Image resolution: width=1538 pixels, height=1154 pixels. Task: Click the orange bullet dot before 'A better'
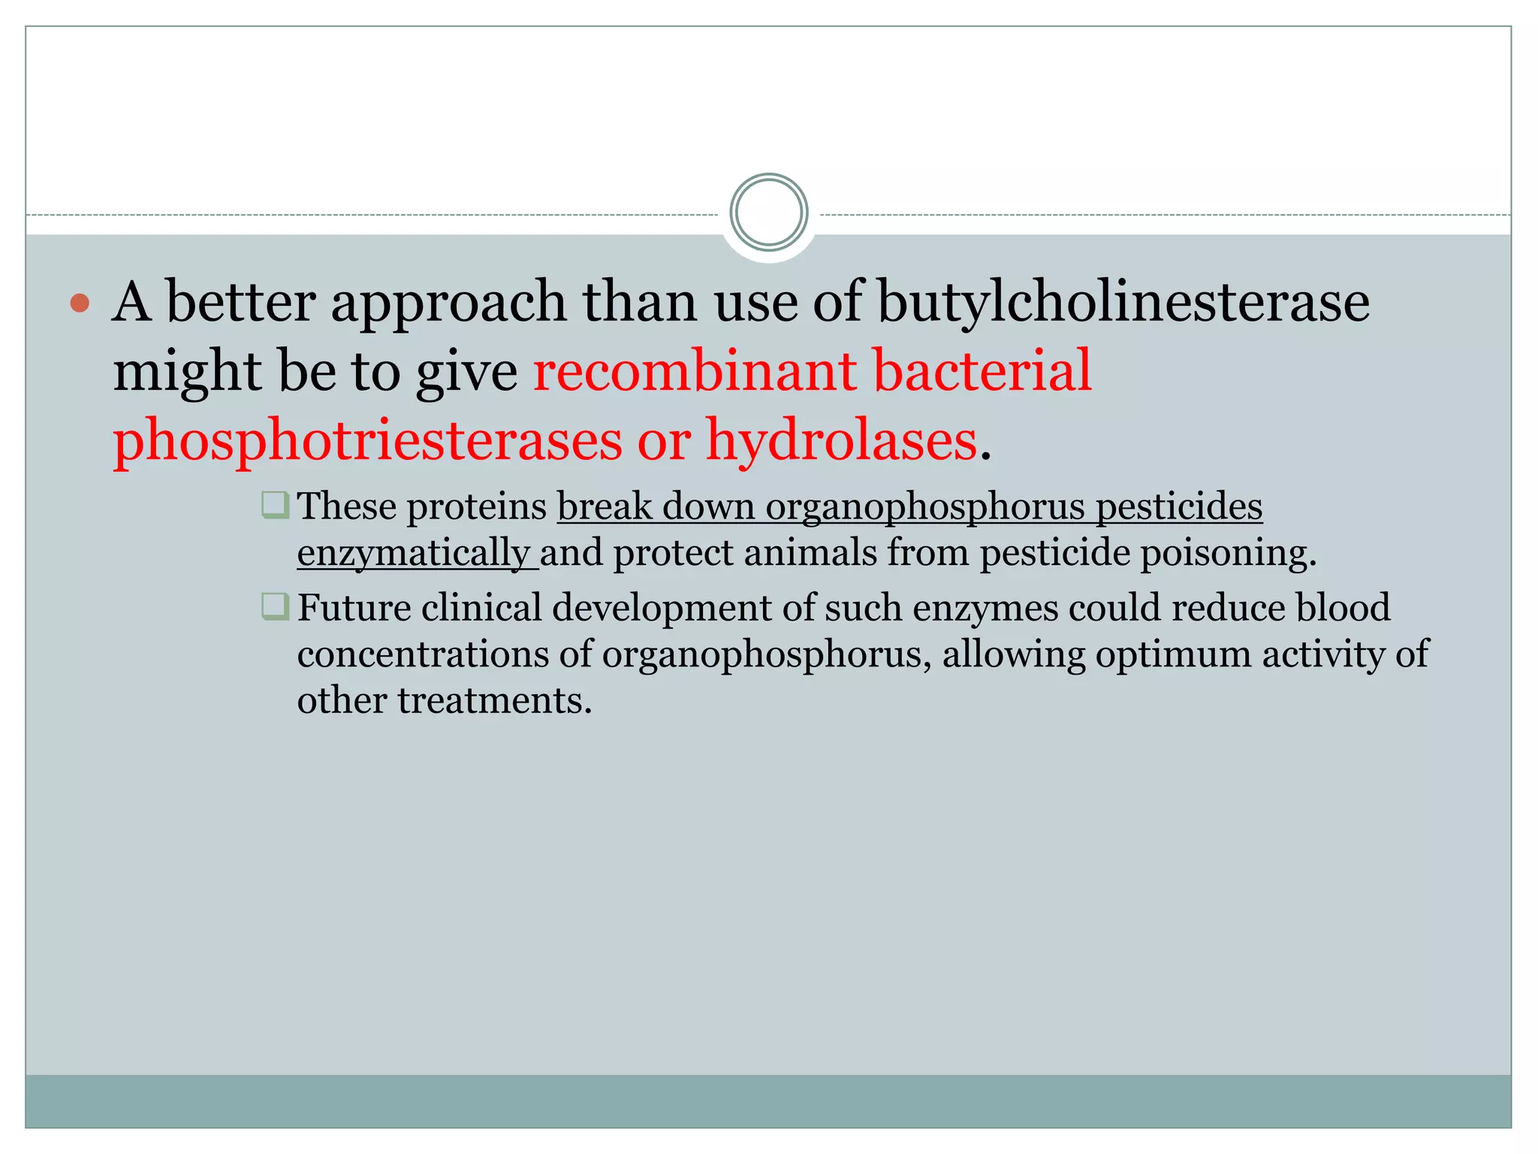pyautogui.click(x=80, y=304)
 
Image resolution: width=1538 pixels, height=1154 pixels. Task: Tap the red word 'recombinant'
pyautogui.click(x=695, y=370)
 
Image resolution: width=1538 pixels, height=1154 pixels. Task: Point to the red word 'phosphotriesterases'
pyautogui.click(x=367, y=440)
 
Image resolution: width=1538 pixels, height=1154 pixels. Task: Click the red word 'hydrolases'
pyautogui.click(x=841, y=440)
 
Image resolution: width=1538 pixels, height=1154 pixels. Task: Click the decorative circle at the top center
pyautogui.click(x=768, y=213)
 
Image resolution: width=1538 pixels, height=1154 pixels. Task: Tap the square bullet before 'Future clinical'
pyautogui.click(x=275, y=606)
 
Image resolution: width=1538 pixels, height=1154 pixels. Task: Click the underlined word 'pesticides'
pyautogui.click(x=1179, y=506)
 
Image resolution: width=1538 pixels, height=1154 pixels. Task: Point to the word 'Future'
pyautogui.click(x=354, y=608)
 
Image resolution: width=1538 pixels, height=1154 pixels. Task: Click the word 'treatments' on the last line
pyautogui.click(x=494, y=701)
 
